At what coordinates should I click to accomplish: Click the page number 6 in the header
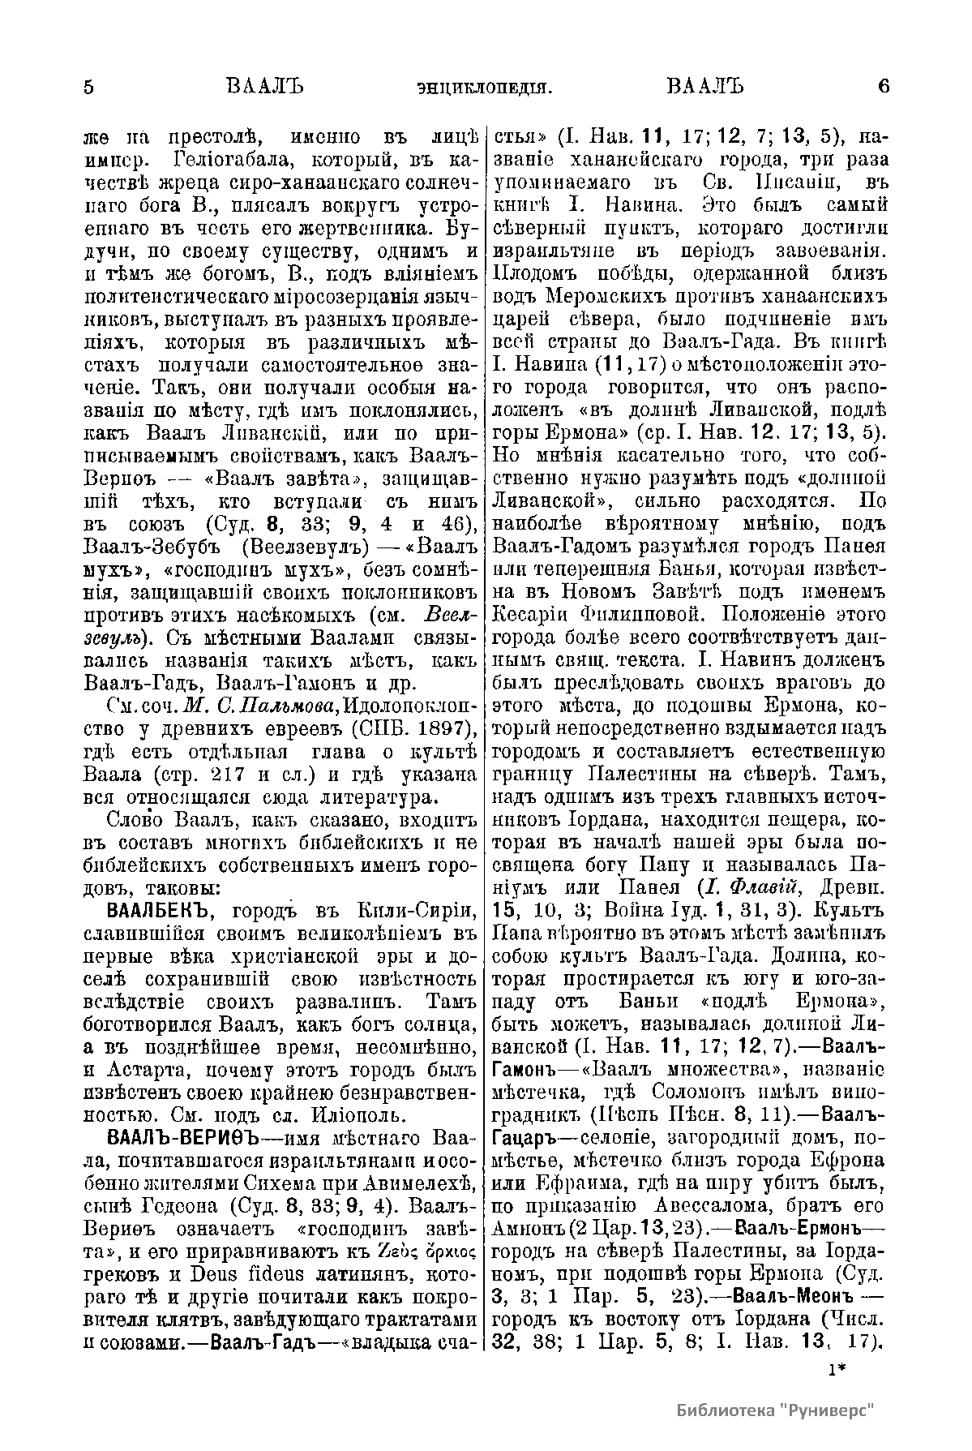(883, 87)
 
